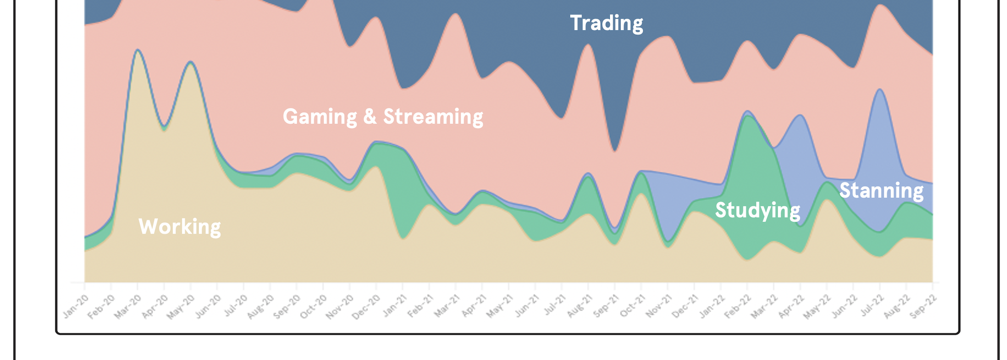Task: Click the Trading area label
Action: (x=606, y=23)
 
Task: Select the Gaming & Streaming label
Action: (x=383, y=116)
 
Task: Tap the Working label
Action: (x=179, y=227)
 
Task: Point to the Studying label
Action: (x=757, y=210)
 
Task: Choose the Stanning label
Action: (x=881, y=191)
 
